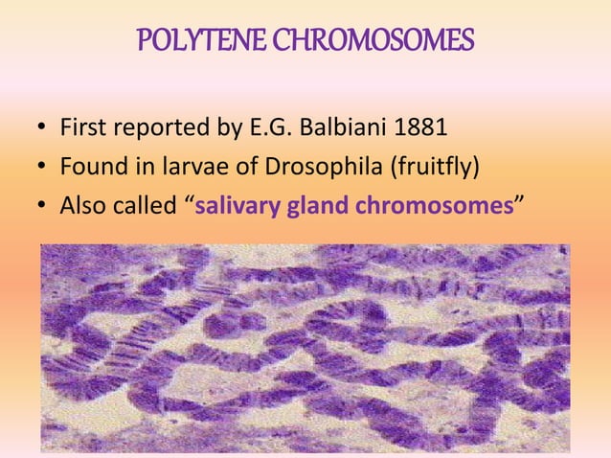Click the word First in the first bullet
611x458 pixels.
click(81, 127)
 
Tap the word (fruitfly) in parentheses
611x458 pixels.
click(429, 167)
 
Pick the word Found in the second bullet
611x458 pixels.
click(92, 167)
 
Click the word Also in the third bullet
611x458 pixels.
click(84, 206)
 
